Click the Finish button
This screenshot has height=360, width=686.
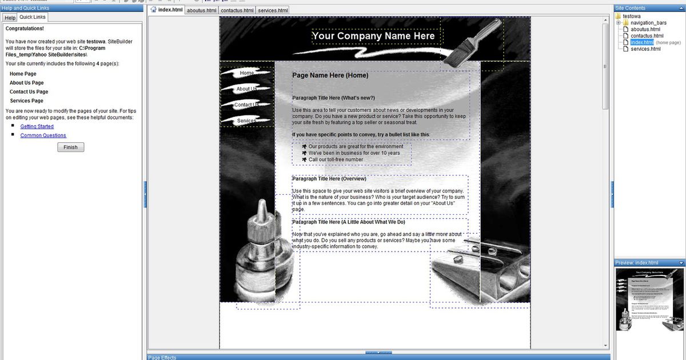tap(71, 147)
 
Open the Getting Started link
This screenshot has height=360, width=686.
tap(37, 126)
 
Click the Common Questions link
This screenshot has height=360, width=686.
tap(43, 135)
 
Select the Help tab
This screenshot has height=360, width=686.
tap(10, 18)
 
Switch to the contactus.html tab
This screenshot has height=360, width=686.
tap(237, 10)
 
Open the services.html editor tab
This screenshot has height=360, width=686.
tap(273, 10)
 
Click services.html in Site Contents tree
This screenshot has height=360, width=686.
tap(645, 49)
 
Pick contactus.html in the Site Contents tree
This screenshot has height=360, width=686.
tap(647, 36)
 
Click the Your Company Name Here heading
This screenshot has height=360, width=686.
tap(373, 36)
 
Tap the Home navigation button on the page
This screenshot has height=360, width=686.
tap(247, 73)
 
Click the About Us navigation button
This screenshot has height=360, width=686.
tap(247, 89)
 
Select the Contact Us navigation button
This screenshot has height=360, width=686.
tap(247, 105)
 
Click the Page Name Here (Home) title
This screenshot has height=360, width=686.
tap(330, 75)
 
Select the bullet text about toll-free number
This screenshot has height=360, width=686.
tap(336, 159)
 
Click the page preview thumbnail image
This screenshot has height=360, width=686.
tap(649, 299)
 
